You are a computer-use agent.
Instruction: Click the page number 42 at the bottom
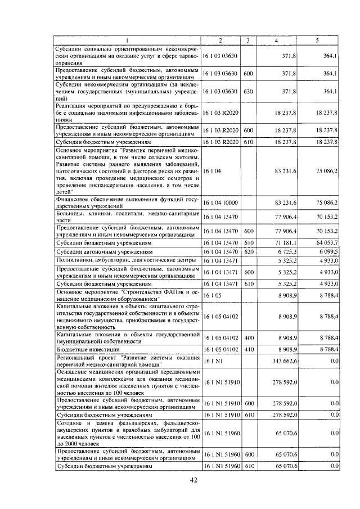(x=193, y=480)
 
